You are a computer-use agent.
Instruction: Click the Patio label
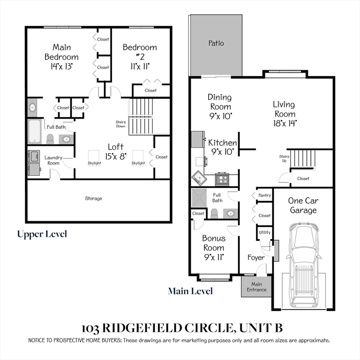tap(216, 43)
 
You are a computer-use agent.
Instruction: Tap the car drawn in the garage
tap(304, 265)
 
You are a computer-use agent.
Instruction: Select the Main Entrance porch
tap(256, 286)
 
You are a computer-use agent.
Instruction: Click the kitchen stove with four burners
tap(222, 179)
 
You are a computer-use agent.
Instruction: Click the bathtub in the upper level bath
tap(35, 132)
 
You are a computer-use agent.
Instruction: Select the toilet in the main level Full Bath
tap(214, 214)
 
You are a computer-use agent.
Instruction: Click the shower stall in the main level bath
tap(199, 198)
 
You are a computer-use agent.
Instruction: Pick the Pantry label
tap(264, 195)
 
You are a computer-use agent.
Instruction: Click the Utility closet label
tap(265, 232)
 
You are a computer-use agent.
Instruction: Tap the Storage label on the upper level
tap(93, 198)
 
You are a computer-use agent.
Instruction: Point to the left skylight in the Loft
tap(94, 157)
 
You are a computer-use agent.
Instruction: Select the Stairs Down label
tap(121, 124)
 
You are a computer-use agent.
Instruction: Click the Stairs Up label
tap(284, 158)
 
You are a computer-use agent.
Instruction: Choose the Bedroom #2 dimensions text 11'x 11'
tap(140, 67)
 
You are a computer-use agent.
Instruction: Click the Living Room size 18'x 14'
tap(285, 123)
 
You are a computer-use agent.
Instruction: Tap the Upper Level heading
tap(42, 234)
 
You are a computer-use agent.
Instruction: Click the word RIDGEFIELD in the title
tap(142, 328)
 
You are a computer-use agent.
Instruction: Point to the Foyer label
tap(256, 258)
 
